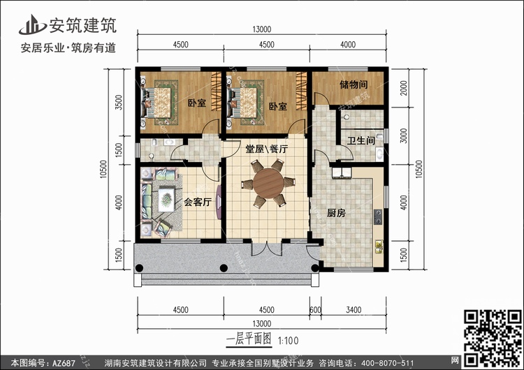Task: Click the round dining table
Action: pos(268,183)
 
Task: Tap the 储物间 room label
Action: pos(354,84)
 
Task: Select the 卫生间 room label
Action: pos(361,140)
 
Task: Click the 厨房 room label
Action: pos(336,213)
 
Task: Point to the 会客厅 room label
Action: pos(198,202)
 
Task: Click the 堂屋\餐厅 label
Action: pos(266,149)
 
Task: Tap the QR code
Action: pos(493,338)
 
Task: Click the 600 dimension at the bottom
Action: pos(315,310)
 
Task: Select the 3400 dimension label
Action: pos(354,310)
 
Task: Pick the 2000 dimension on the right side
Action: pos(404,88)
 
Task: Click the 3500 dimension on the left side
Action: pos(119,102)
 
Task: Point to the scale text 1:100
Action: pos(289,341)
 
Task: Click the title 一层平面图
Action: pos(249,339)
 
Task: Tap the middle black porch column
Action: pos(224,268)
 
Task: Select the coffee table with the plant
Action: pos(166,200)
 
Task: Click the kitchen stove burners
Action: pos(378,217)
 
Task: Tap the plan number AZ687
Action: pos(64,363)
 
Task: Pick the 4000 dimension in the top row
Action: pos(347,45)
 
